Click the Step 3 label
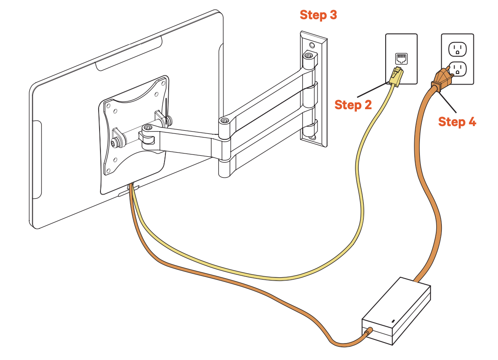coord(318,15)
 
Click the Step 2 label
coord(353,105)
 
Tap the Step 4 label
coord(457,122)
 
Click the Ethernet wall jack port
coord(401,58)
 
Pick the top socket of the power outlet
coord(457,48)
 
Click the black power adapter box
coord(397,311)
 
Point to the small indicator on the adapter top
coord(392,321)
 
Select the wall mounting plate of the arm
coord(313,89)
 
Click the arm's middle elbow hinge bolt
coord(224,121)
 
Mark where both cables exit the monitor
coord(132,185)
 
